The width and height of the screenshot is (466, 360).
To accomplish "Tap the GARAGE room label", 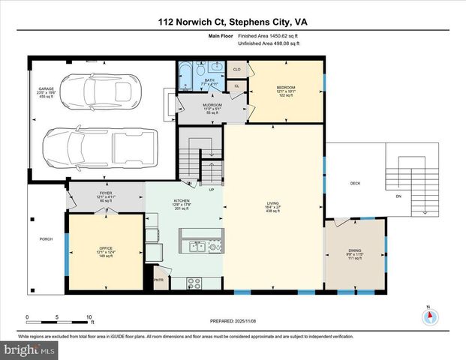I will (x=47, y=89).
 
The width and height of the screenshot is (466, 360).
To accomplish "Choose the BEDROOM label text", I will (x=286, y=88).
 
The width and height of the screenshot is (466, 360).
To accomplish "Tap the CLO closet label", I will (x=236, y=70).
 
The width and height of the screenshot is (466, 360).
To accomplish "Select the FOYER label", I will (x=106, y=193).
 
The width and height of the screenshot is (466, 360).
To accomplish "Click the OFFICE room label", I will (x=106, y=248).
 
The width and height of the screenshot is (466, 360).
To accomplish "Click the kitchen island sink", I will (x=197, y=245).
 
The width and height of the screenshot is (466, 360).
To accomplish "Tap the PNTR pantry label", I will (x=158, y=280).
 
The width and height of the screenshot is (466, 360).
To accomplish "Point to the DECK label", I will (x=356, y=184).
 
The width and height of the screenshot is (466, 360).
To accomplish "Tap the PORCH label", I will (x=47, y=240).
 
